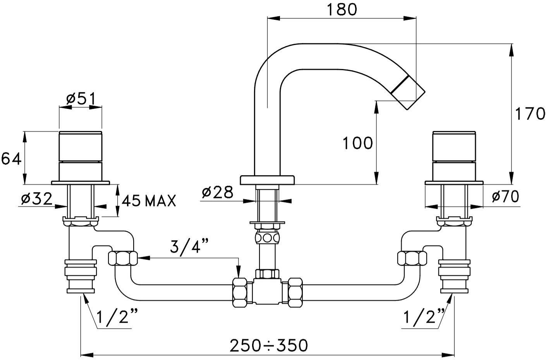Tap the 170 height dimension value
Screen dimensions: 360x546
pyautogui.click(x=529, y=114)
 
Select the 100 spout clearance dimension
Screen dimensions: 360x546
pyautogui.click(x=357, y=143)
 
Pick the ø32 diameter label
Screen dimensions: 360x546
pyautogui.click(x=37, y=199)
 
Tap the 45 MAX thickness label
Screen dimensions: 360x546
pyautogui.click(x=149, y=201)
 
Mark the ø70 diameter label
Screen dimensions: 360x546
pyautogui.click(x=505, y=197)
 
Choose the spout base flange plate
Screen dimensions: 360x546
pyautogui.click(x=267, y=180)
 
